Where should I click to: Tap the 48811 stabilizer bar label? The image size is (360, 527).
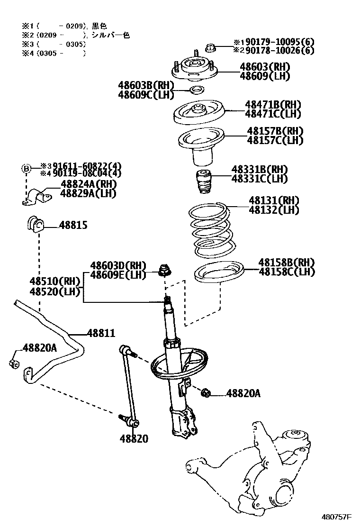[100, 334]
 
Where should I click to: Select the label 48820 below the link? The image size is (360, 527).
[134, 438]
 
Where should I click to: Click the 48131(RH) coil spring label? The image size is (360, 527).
[274, 200]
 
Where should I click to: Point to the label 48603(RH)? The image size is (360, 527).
[265, 66]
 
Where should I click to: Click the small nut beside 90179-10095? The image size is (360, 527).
[211, 47]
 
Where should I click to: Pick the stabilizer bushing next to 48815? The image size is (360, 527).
[35, 224]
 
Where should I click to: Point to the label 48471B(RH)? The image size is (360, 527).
[273, 104]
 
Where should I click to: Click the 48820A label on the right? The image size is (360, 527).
[243, 393]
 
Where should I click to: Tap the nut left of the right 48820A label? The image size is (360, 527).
[206, 392]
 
